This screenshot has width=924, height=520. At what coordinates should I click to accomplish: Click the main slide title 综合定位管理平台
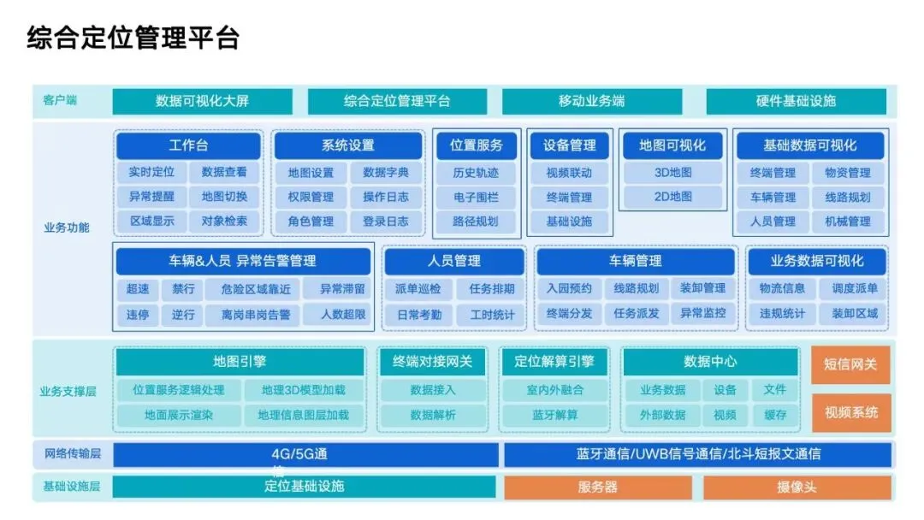(x=133, y=38)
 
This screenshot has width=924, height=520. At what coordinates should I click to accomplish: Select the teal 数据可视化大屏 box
(x=202, y=101)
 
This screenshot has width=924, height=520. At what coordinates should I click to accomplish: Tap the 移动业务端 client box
(x=591, y=101)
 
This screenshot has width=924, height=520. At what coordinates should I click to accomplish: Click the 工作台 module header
(x=188, y=145)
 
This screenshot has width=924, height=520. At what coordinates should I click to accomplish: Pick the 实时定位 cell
(x=151, y=172)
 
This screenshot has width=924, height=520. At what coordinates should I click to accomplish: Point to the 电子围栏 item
(x=476, y=197)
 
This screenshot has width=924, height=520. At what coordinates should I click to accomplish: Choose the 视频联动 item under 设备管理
(x=569, y=173)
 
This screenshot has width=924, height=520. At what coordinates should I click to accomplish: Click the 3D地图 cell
(x=673, y=173)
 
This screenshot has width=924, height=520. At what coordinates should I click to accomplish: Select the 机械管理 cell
(x=848, y=222)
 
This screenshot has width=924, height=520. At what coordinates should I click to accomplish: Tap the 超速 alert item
(x=138, y=289)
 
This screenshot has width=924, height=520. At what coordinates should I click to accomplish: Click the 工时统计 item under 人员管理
(x=492, y=314)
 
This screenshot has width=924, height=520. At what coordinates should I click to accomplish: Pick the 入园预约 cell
(x=569, y=289)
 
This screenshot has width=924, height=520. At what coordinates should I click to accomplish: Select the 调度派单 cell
(x=849, y=289)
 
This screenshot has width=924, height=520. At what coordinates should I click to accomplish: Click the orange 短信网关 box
(x=850, y=364)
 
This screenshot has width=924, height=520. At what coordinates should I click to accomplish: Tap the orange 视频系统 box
(x=850, y=412)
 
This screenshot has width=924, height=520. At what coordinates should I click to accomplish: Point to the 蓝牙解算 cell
(x=554, y=415)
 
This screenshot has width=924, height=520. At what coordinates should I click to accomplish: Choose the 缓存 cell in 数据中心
(x=775, y=415)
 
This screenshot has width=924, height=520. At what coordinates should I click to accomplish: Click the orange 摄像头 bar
(x=797, y=487)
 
